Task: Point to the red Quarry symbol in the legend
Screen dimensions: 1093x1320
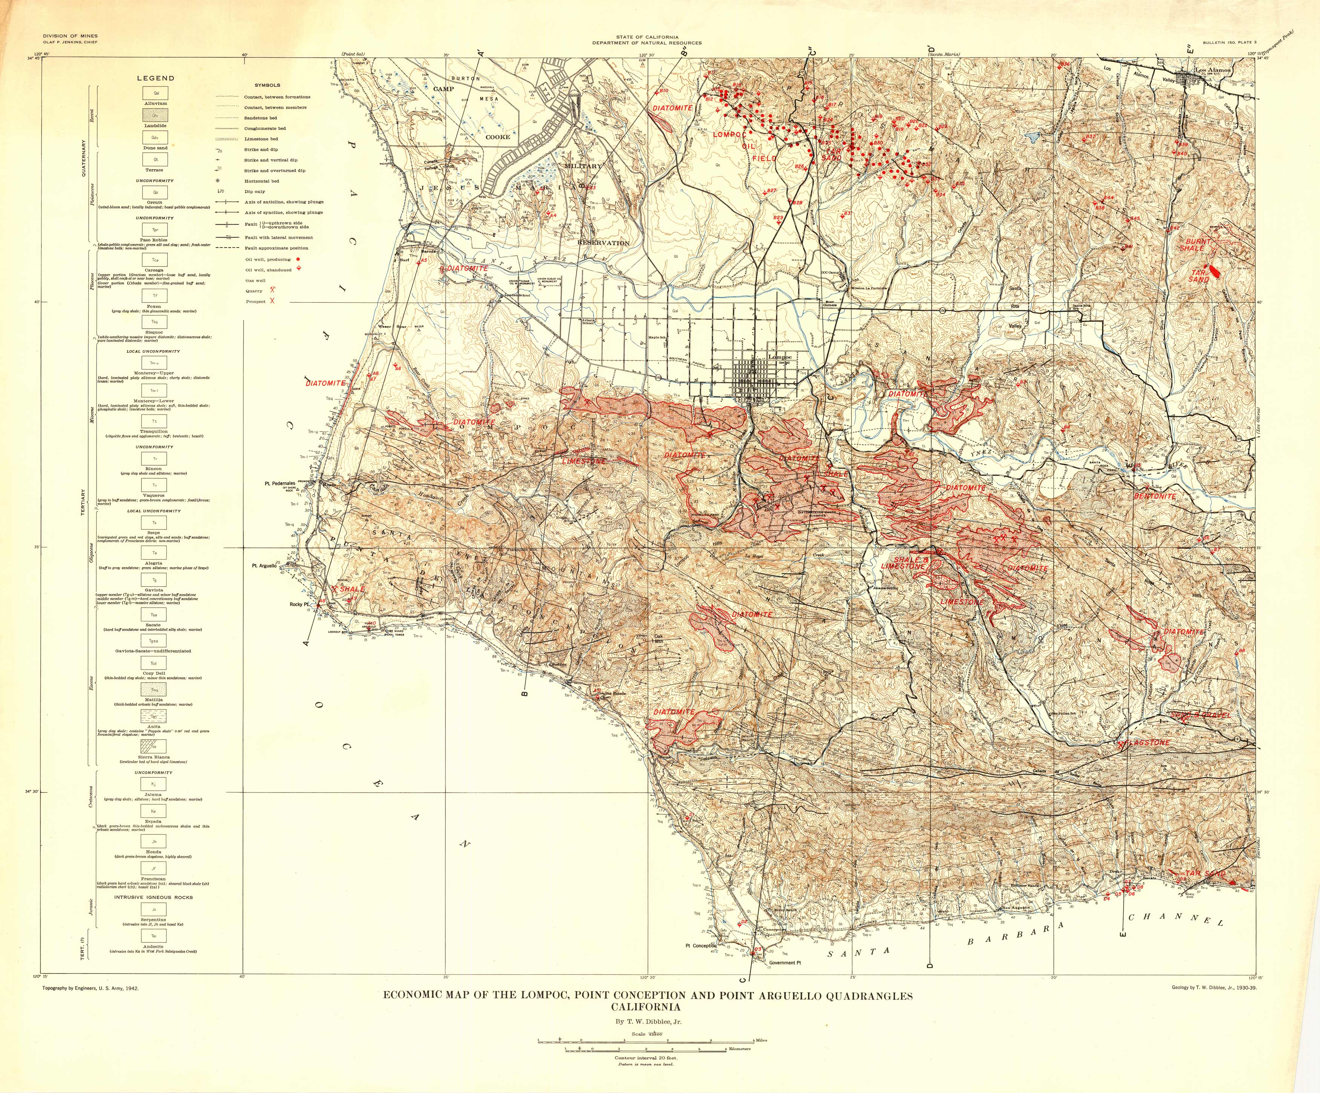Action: (x=273, y=290)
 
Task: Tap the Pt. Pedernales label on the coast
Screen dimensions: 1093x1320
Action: (x=279, y=484)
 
